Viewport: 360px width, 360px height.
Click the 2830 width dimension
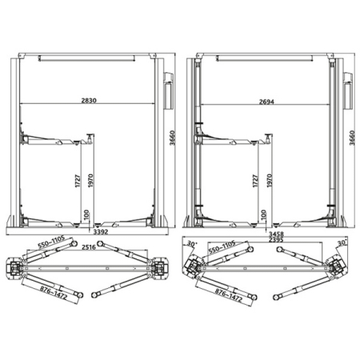point(89,101)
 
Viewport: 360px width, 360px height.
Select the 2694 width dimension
point(266,102)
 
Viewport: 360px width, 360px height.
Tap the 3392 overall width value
point(101,232)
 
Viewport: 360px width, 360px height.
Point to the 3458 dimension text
point(276,234)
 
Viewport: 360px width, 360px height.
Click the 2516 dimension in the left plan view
point(89,247)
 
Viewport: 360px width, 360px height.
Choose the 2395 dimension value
point(276,239)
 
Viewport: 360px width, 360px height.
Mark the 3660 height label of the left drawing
point(173,138)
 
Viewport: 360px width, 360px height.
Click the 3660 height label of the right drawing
point(352,138)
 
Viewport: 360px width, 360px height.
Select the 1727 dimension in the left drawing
point(78,181)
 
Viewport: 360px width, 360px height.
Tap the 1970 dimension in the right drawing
point(270,181)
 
